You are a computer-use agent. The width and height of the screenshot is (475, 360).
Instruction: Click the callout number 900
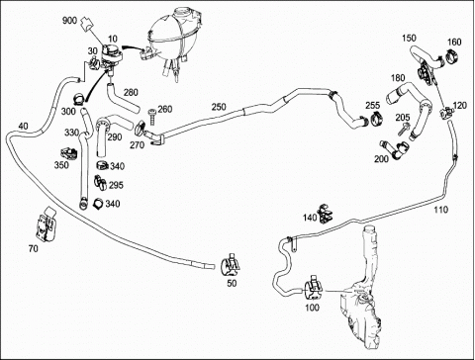pos(69,21)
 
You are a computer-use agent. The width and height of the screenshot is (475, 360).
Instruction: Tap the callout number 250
pos(219,107)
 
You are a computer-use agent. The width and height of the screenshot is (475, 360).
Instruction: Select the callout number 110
pos(441,210)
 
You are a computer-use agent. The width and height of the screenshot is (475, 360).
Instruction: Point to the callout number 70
pos(34,248)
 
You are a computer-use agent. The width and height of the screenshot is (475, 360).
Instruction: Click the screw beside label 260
pos(151,116)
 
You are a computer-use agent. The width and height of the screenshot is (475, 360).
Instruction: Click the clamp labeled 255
pos(376,119)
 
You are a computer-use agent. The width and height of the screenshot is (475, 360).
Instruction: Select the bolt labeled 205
pos(403,129)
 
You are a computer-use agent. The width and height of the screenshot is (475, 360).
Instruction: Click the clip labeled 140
pos(325,214)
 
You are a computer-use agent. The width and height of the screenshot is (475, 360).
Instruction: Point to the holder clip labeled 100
pos(314,287)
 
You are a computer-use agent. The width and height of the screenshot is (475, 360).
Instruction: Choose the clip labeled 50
pos(231,265)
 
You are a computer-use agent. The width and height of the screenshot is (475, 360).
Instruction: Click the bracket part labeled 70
pos(46,224)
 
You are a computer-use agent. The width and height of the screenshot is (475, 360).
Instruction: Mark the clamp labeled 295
pos(100,182)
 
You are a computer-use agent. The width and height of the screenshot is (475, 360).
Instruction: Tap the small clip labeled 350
pos(69,152)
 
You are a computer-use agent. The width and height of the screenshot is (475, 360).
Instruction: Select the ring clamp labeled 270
pos(141,129)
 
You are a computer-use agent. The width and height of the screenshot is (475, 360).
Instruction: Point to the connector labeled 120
pos(446,112)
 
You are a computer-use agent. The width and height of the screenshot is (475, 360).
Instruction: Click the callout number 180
pos(398,78)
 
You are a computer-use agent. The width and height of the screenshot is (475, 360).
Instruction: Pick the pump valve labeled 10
pos(112,56)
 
